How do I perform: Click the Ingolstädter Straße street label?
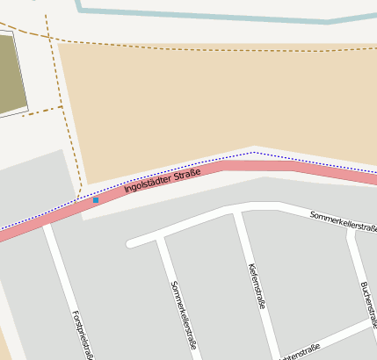[162, 181]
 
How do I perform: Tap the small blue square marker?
[96, 200]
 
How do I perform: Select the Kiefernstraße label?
[257, 286]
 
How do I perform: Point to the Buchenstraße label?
[368, 304]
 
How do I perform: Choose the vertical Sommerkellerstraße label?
[183, 314]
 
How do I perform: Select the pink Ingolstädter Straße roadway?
[264, 165]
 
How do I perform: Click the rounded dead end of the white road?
[132, 242]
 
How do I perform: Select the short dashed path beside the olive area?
[42, 111]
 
